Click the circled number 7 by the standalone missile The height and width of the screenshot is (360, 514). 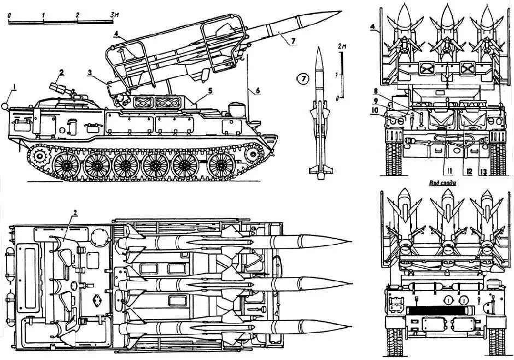coord(302,79)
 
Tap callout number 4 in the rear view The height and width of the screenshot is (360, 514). coord(372,26)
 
